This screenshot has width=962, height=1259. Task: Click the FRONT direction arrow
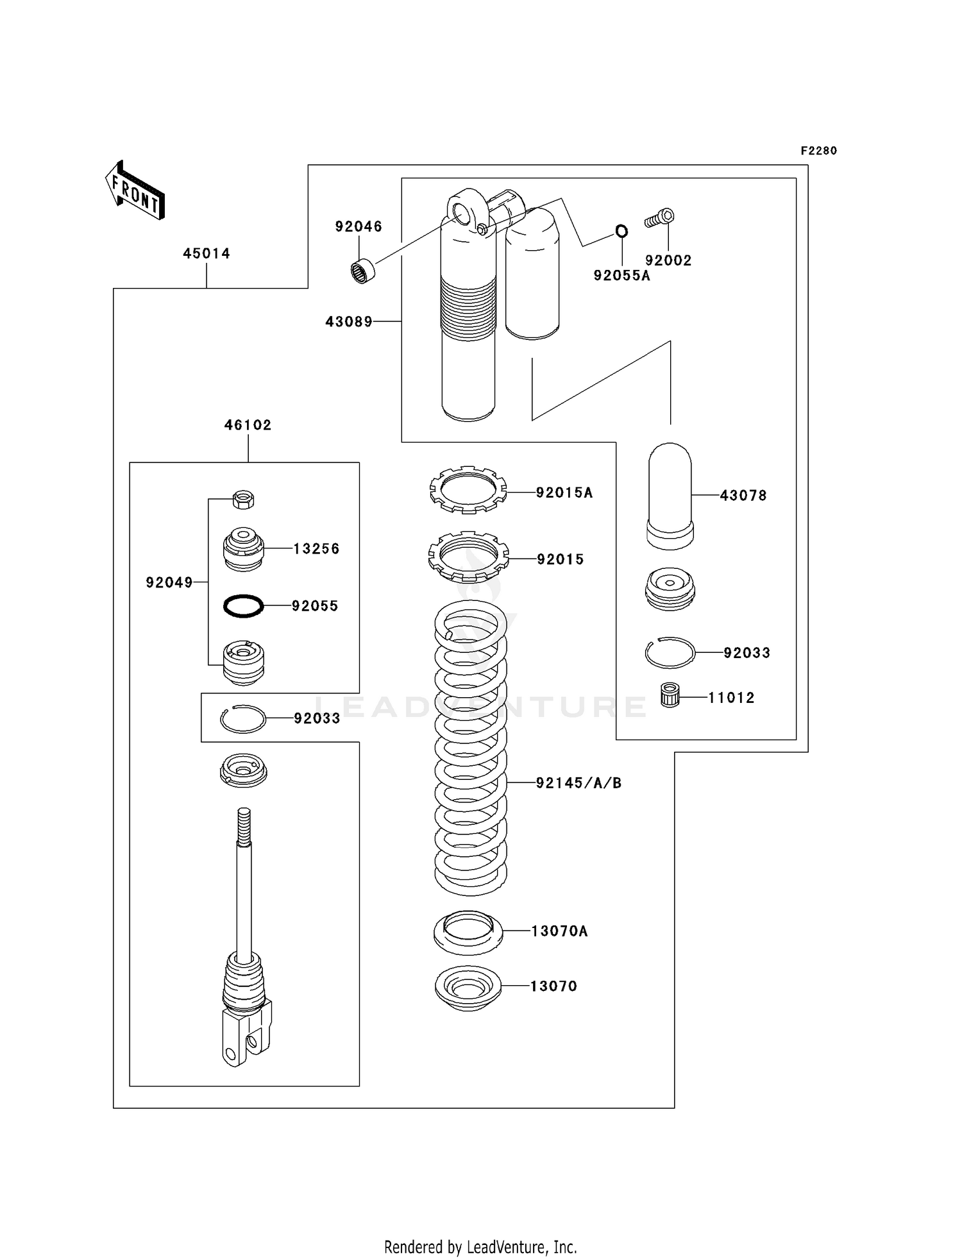click(x=135, y=191)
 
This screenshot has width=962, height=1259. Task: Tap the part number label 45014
click(x=206, y=253)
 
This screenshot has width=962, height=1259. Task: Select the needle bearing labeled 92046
click(x=364, y=271)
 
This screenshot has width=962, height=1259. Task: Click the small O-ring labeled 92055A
click(x=621, y=231)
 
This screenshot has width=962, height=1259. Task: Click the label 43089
click(x=348, y=322)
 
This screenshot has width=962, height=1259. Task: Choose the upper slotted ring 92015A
click(x=468, y=489)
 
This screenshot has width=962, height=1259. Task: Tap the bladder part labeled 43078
click(x=670, y=495)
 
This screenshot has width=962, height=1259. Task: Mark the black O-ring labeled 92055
click(x=243, y=605)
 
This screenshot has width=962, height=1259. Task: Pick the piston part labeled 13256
click(x=243, y=549)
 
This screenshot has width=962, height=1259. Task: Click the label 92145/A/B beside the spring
click(x=578, y=782)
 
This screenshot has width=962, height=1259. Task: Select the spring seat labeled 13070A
click(x=468, y=932)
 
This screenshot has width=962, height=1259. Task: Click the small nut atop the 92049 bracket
click(x=243, y=499)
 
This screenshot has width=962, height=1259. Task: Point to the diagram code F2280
click(x=818, y=151)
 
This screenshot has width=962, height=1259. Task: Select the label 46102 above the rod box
click(x=248, y=425)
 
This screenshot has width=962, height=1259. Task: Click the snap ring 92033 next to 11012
click(x=670, y=653)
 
